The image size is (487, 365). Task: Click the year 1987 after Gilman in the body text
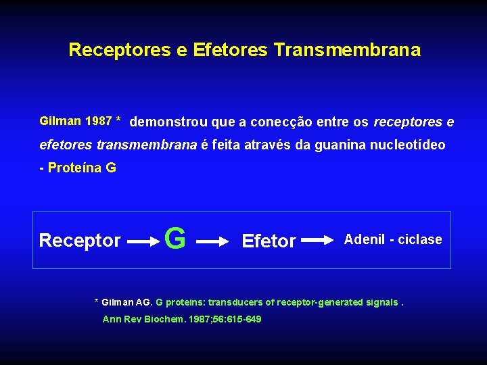tap(98, 122)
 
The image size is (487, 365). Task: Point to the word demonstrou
tap(168, 122)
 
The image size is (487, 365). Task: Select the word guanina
tap(331, 145)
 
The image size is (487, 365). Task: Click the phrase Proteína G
tap(82, 168)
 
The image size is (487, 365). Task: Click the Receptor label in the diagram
tap(80, 240)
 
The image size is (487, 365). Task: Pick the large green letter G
tap(175, 239)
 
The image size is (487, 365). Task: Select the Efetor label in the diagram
tap(269, 241)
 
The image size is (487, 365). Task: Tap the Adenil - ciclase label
tap(393, 239)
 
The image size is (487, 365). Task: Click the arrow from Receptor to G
tap(143, 241)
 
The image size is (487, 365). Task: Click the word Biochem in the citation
tap(164, 319)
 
